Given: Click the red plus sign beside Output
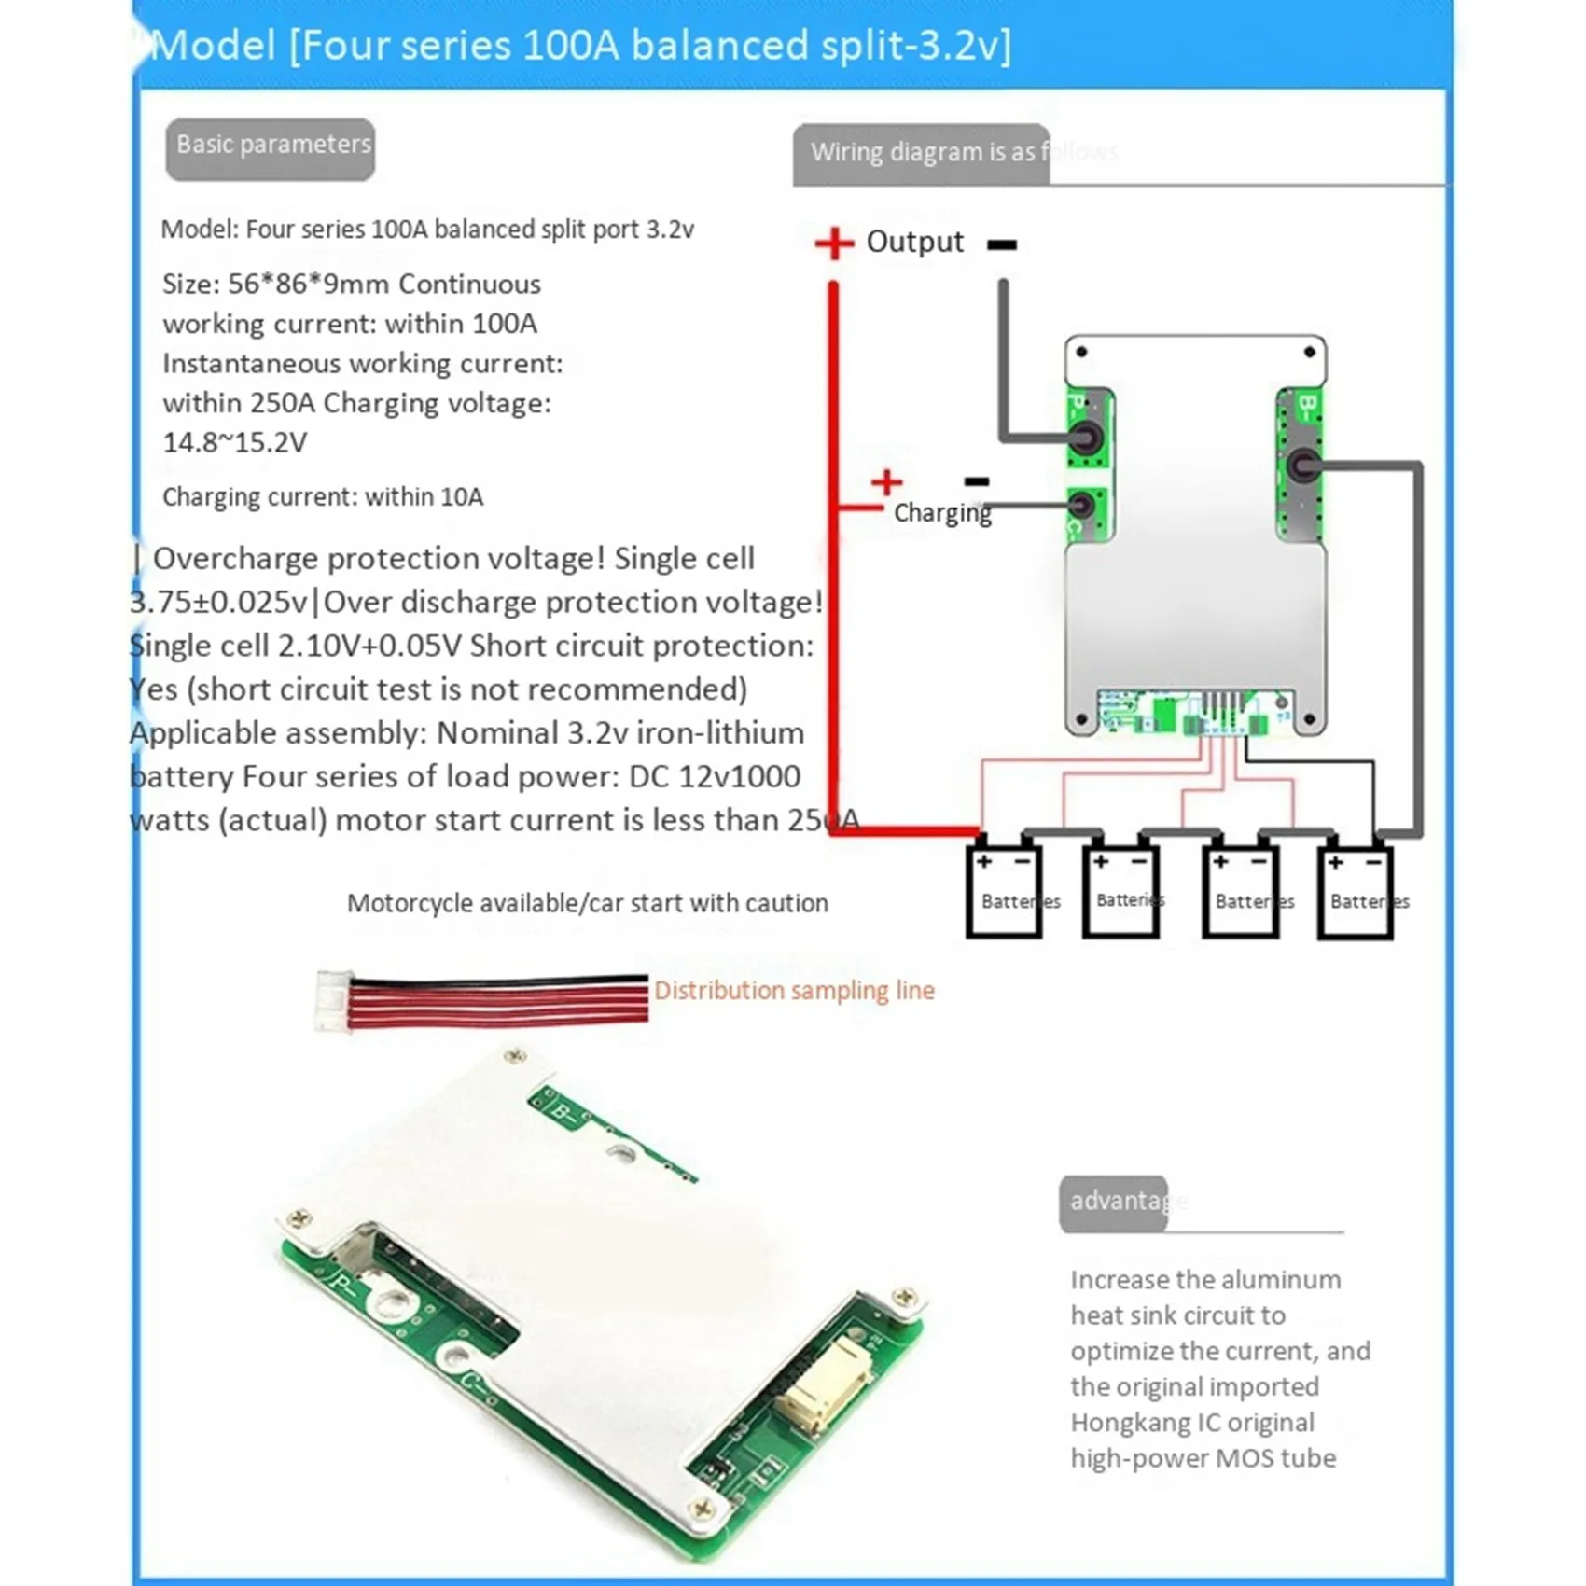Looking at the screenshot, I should click(833, 243).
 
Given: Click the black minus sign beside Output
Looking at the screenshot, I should click(1001, 244).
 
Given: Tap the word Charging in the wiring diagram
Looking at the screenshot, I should click(942, 513).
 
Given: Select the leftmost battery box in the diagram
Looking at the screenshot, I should click(1003, 890).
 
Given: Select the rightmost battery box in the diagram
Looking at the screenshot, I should click(1355, 890).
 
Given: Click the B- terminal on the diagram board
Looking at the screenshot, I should click(1303, 465).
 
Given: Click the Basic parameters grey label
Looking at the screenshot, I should click(271, 147).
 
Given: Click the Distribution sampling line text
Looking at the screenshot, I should click(794, 991).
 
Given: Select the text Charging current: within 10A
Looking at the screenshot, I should click(323, 497).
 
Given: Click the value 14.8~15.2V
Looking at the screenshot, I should click(234, 443).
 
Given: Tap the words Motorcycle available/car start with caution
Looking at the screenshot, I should click(587, 903).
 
